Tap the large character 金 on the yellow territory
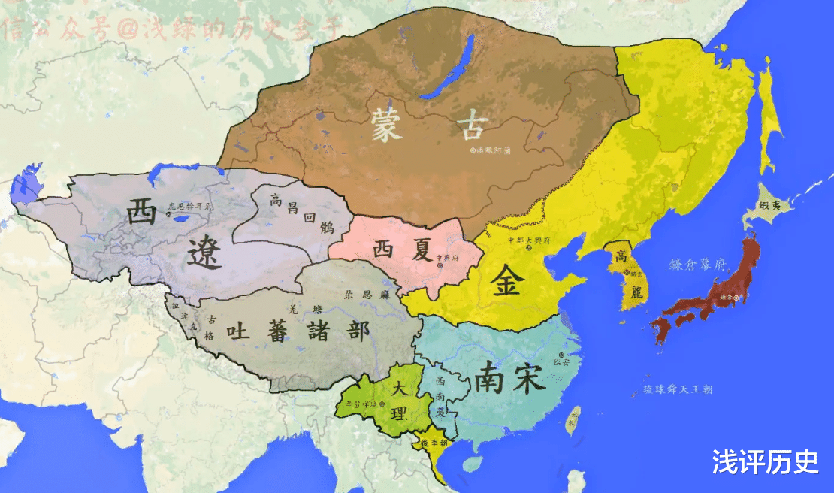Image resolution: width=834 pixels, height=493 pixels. coord(509,280)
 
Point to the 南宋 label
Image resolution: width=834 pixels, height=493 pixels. coord(509,378)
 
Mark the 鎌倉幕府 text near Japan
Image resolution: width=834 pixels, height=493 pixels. coord(697,265)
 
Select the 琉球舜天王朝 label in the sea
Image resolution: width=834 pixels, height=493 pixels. coord(678,389)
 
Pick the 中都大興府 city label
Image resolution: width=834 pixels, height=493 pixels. coord(530,240)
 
